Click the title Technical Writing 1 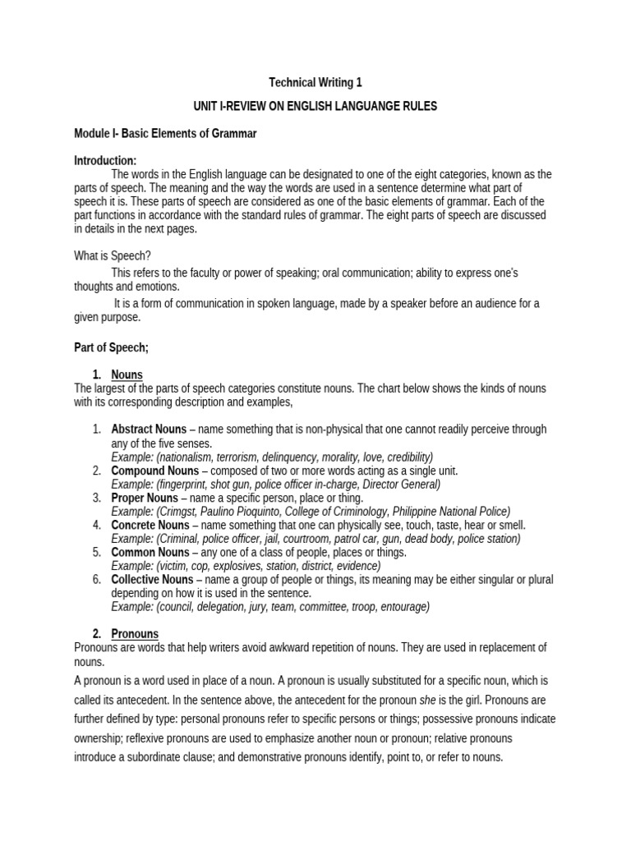point(315,82)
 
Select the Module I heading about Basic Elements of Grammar point(165,133)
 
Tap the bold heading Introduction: point(105,160)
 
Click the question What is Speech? point(108,255)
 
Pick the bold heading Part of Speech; point(111,347)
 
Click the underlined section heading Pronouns point(135,633)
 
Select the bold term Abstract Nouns point(150,430)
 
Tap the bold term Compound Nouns point(154,471)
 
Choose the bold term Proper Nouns point(144,498)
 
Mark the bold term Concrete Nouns point(150,525)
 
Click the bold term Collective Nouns point(152,579)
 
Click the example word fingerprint point(186,484)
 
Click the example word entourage point(400,607)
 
